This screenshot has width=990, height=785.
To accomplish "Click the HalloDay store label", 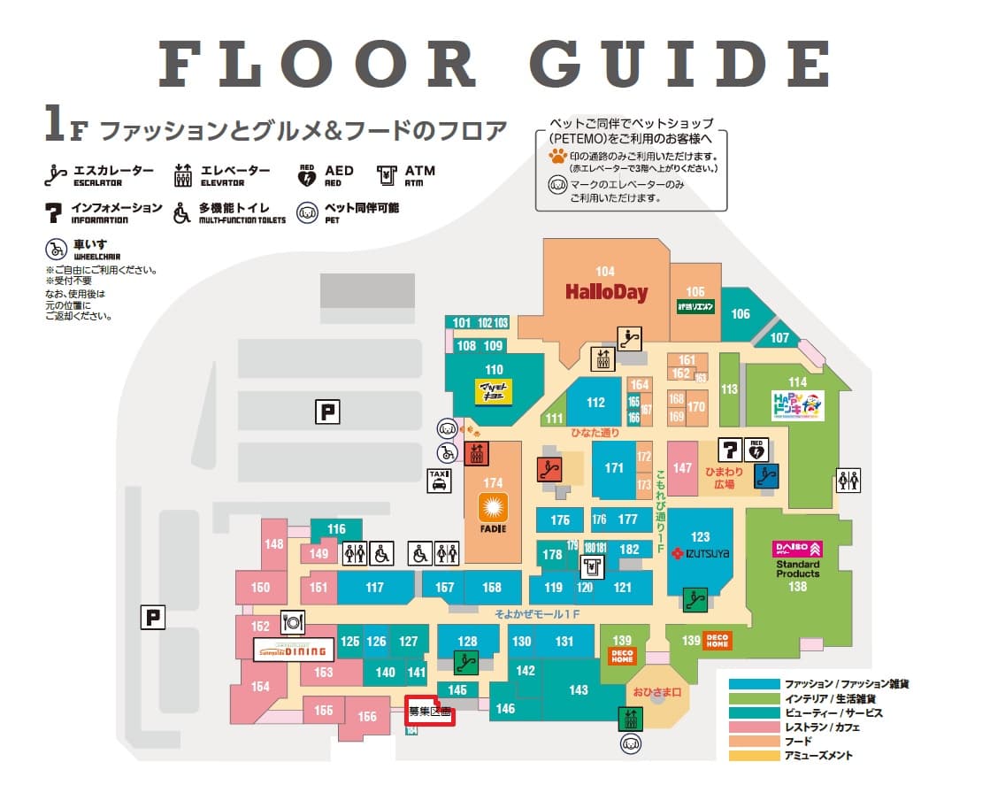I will coord(606,291).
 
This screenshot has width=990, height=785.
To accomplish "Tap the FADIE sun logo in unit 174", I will coord(492,507).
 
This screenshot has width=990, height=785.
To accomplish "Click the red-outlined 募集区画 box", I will coord(430,712).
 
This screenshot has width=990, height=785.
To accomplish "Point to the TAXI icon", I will coord(440,480).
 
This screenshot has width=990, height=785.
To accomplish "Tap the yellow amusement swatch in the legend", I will coord(753,757).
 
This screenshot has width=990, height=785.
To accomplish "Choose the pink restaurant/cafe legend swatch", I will coord(753,727).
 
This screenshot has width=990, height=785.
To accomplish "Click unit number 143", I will coord(579,690).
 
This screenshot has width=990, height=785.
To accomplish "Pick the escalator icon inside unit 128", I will coord(466,660).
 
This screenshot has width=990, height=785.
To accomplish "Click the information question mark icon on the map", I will coord(730,449).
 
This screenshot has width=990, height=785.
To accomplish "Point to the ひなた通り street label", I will coord(594,435).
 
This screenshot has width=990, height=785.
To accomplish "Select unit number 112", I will coord(595,403).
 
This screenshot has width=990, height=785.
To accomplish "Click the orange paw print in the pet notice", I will coord(557,158).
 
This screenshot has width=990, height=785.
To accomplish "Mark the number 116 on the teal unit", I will coord(336,529).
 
